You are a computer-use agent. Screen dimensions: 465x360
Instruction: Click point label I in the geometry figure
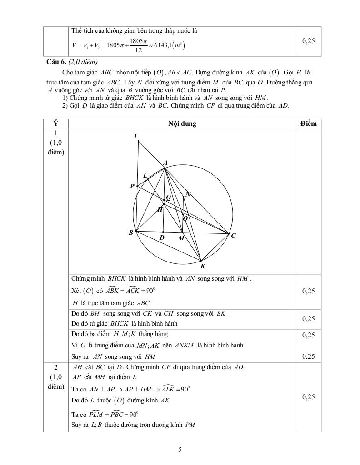click(x=136, y=136)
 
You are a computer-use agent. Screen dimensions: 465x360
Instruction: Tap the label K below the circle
click(x=203, y=267)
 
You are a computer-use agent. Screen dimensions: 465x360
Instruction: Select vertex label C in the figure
click(x=233, y=236)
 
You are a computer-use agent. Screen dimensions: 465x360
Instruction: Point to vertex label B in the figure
click(x=131, y=233)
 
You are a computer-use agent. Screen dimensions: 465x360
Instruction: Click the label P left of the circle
click(x=132, y=186)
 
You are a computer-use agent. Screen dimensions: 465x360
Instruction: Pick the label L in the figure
click(x=145, y=175)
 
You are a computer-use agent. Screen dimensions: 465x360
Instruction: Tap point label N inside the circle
click(x=188, y=194)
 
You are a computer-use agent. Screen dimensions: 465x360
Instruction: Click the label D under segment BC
click(x=162, y=237)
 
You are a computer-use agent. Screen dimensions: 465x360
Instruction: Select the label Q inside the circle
click(x=168, y=197)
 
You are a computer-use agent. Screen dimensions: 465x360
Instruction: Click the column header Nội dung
click(x=182, y=124)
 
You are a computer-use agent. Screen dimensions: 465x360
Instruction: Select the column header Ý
click(x=56, y=124)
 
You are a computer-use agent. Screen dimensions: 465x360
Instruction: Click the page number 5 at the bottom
click(x=180, y=450)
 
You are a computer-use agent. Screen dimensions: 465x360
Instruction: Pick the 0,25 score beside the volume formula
click(x=308, y=41)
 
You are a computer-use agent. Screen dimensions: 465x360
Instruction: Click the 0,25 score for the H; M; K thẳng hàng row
click(x=308, y=335)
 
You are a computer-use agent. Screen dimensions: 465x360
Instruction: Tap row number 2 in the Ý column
click(x=55, y=367)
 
